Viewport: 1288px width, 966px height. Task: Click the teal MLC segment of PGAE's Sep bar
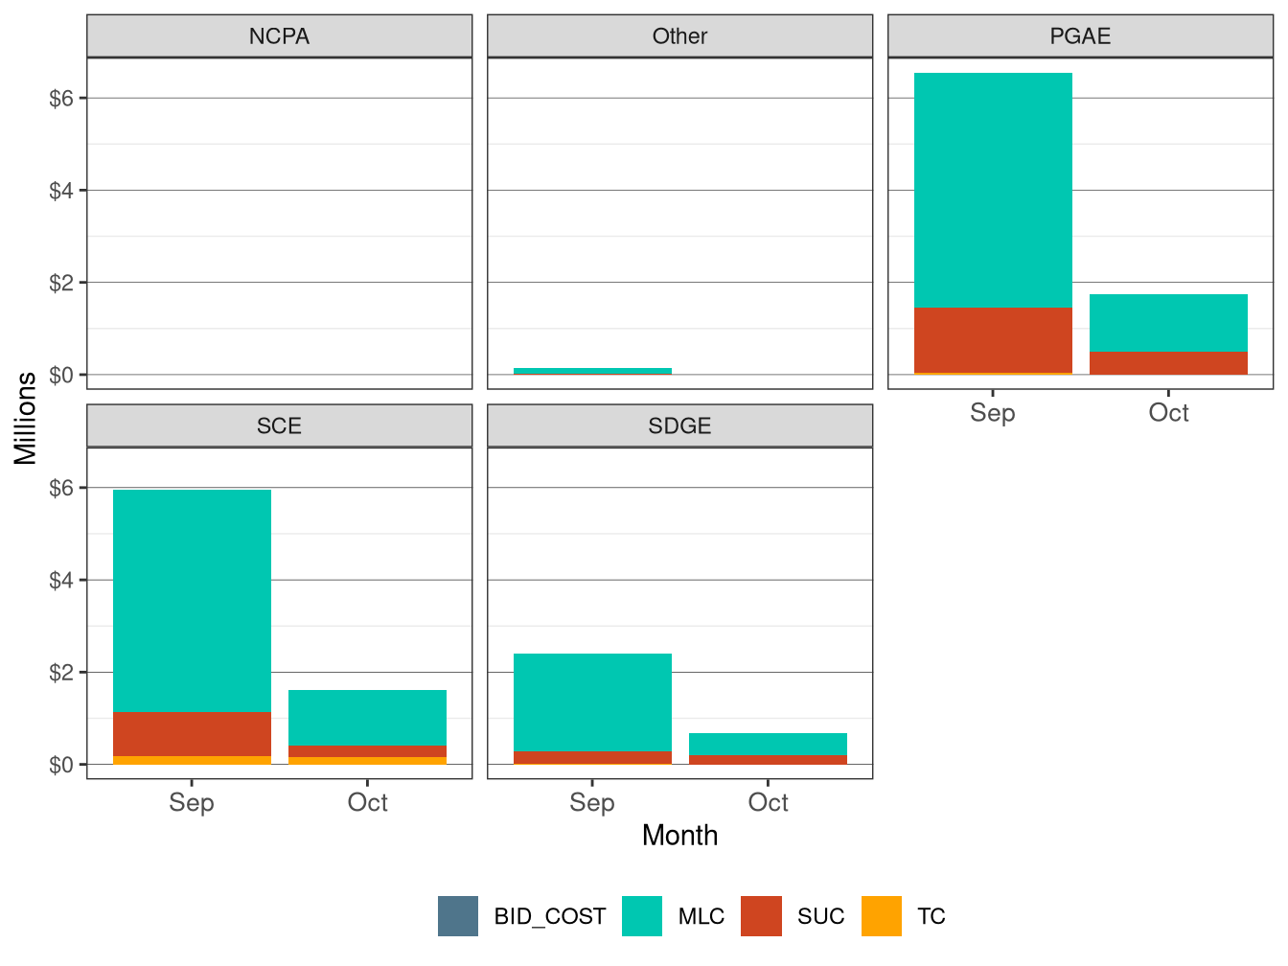pos(993,191)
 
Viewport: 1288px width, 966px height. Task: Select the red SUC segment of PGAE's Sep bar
pos(993,340)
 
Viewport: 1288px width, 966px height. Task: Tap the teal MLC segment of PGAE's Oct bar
pos(1168,323)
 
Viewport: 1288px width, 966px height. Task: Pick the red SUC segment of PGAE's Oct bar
pos(1168,363)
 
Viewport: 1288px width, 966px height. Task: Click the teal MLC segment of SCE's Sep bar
pos(192,601)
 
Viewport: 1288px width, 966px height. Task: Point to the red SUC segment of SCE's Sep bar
pos(192,734)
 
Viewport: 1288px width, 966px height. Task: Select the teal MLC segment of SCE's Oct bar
pos(367,718)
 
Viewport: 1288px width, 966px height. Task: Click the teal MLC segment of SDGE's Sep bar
pos(592,702)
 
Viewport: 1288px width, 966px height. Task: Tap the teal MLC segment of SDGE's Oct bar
pos(768,744)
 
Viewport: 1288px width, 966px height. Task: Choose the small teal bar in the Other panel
pos(592,370)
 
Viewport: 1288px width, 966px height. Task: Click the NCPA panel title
pos(279,36)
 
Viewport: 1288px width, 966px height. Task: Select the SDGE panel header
pos(679,425)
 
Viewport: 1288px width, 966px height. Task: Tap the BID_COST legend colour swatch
pos(458,916)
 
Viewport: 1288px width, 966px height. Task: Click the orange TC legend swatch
pos(882,916)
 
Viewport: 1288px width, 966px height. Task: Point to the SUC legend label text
pos(820,917)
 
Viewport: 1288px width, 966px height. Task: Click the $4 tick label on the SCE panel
pos(61,581)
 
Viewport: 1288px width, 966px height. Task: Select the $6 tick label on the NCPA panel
pos(61,99)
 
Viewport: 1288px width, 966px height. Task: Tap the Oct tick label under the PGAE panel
pos(1168,413)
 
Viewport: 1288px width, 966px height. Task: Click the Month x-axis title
pos(679,836)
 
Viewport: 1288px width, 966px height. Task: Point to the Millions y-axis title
pos(26,418)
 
